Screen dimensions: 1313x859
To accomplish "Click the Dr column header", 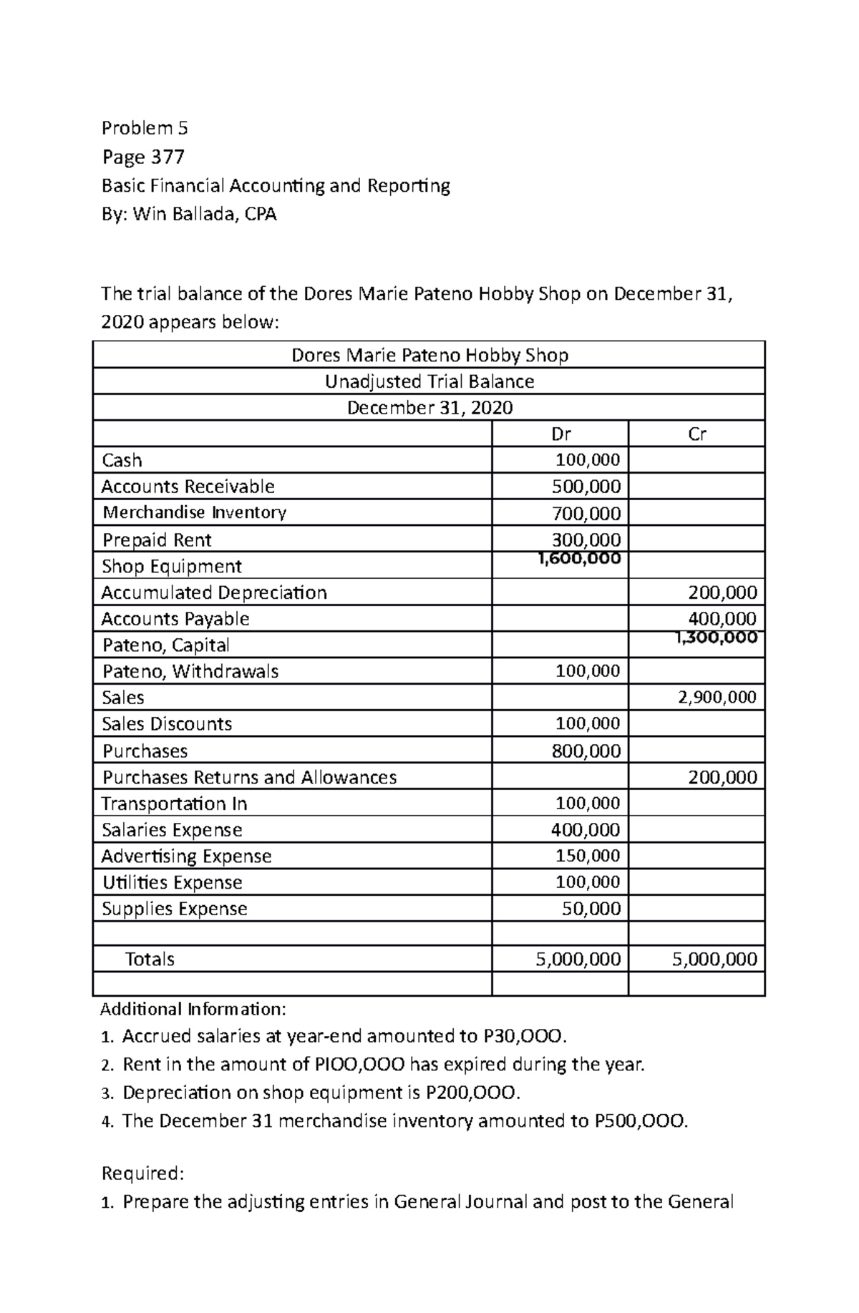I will click(x=560, y=434).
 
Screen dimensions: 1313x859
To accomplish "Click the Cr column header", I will click(x=697, y=434).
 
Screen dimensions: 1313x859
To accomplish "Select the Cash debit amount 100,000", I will click(x=588, y=460).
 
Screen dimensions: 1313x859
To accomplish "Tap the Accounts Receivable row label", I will click(x=188, y=487).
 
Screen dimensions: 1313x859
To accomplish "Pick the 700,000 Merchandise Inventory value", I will click(x=586, y=513).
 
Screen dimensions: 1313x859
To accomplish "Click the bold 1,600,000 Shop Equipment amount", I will click(x=579, y=559).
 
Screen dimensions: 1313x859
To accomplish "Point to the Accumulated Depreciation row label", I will click(x=214, y=592).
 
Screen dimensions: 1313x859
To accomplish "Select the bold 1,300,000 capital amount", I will click(x=716, y=638).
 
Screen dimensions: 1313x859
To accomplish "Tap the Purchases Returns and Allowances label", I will click(x=249, y=777).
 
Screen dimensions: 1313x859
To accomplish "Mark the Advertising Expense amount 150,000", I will click(x=588, y=856).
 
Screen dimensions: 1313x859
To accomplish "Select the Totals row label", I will click(x=150, y=959).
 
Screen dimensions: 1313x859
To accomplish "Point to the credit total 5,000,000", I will click(x=714, y=959).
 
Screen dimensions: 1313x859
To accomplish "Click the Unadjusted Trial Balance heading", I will click(x=429, y=381).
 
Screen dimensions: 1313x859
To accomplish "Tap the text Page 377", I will click(x=143, y=156).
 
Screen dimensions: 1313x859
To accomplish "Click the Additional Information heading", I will click(x=193, y=1009).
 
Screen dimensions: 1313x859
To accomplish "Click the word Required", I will click(x=143, y=1173).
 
